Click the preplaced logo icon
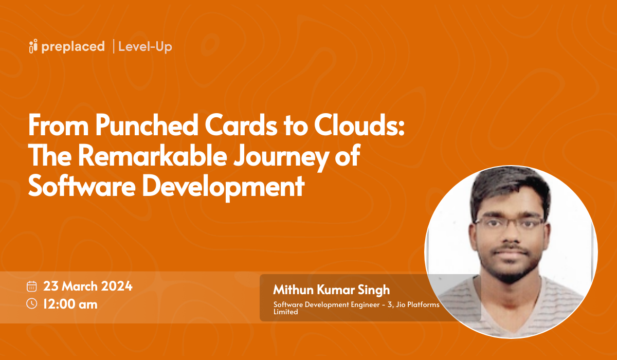tap(33, 46)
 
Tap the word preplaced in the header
tap(74, 46)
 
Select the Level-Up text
tap(145, 47)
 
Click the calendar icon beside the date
tap(32, 286)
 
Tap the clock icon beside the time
tap(32, 303)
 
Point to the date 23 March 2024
tap(88, 286)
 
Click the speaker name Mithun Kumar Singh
tap(332, 290)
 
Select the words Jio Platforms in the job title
tap(420, 305)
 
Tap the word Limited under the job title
tap(285, 312)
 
